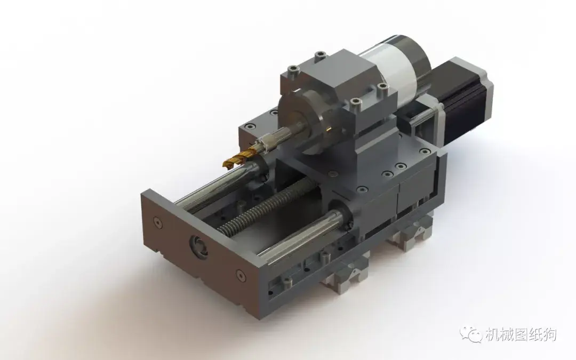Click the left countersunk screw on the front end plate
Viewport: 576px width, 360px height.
157,222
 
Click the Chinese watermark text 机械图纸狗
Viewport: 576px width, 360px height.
520,334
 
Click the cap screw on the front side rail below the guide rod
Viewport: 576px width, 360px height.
287,281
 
